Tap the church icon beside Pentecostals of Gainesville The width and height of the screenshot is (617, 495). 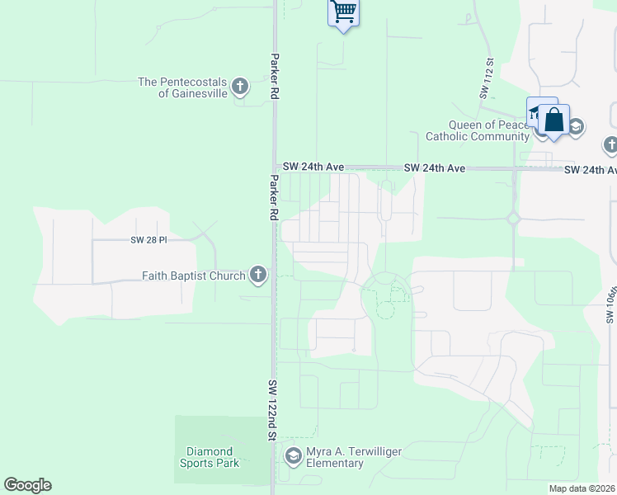point(240,86)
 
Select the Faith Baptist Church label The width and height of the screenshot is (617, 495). point(194,276)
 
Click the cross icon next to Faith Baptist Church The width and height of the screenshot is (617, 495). point(258,275)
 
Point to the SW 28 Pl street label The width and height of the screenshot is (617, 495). point(148,240)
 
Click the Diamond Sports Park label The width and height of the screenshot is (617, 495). point(212,457)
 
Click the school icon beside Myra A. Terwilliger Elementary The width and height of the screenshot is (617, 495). point(293,455)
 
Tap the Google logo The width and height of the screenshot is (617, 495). point(27,485)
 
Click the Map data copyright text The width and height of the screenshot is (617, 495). point(582,488)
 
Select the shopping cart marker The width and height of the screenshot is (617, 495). point(344,12)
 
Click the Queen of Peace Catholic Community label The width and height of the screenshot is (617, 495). point(476,130)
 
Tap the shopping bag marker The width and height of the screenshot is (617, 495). point(554,120)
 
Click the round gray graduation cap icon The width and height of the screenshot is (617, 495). point(576,126)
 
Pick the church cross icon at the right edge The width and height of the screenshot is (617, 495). point(610,146)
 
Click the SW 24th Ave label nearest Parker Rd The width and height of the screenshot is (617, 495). point(313,167)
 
